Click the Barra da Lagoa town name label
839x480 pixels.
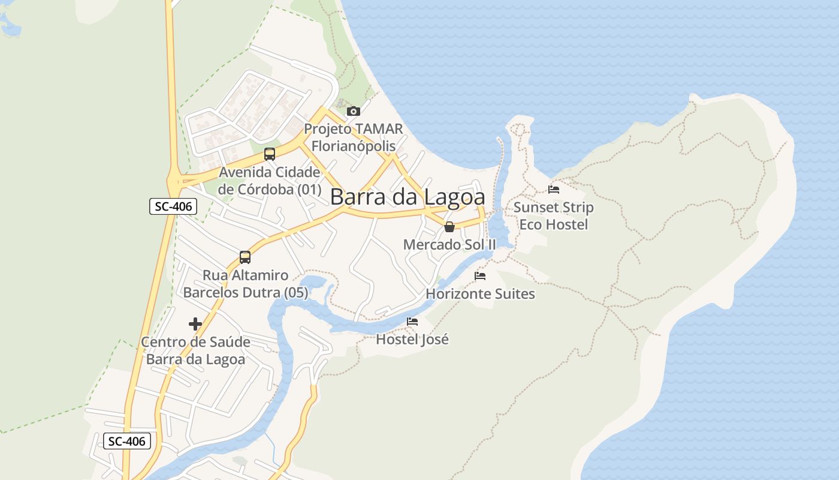click(x=407, y=197)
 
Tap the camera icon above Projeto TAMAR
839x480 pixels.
click(x=354, y=111)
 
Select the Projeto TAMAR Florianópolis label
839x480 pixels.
click(x=353, y=137)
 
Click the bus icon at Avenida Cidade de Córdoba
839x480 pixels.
click(x=270, y=154)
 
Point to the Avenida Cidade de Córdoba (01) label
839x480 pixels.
click(x=270, y=181)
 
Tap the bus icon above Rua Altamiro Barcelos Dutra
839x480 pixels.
click(x=245, y=257)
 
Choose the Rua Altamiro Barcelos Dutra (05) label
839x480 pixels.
click(x=245, y=284)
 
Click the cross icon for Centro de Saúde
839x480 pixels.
click(x=195, y=324)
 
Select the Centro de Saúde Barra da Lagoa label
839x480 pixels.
click(x=195, y=350)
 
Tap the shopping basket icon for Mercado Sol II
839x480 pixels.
click(x=449, y=227)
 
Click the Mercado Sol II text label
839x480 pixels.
click(x=449, y=245)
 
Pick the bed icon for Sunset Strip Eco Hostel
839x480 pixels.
click(x=554, y=190)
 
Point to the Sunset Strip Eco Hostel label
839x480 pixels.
click(x=554, y=216)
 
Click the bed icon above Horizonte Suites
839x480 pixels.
click(x=480, y=276)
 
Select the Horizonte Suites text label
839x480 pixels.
click(x=480, y=294)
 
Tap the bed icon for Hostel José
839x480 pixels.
click(x=412, y=322)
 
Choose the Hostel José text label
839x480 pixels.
click(x=412, y=340)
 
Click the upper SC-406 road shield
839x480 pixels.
click(x=173, y=206)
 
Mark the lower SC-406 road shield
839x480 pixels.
click(x=126, y=441)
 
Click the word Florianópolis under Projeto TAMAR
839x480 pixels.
click(x=353, y=146)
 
